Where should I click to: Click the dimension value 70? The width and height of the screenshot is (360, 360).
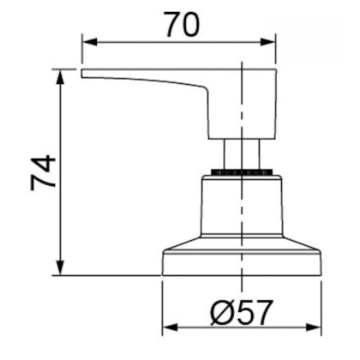182,25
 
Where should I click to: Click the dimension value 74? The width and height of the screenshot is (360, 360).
43,173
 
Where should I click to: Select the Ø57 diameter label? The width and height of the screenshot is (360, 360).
241,312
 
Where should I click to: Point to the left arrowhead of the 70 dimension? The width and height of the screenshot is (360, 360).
89,43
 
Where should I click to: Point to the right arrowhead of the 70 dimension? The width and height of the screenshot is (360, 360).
268,43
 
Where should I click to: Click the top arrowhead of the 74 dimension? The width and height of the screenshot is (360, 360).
60,76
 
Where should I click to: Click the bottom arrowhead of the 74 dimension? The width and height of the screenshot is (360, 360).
60,268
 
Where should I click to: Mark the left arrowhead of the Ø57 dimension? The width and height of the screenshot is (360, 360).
170,327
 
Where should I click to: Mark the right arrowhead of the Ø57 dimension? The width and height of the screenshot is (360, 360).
314,327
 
